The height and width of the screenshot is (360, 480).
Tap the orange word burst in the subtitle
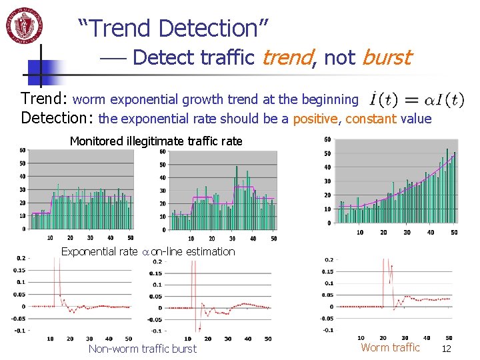386,58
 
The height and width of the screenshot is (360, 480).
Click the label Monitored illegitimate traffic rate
156,141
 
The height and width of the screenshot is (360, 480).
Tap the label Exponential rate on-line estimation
148,251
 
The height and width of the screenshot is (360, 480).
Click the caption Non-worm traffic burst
143,349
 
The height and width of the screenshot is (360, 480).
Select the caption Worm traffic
390,347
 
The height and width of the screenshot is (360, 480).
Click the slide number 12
447,349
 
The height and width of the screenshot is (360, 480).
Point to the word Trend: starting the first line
44,99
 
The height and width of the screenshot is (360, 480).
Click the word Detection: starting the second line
58,119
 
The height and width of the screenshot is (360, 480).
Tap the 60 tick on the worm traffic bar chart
327,139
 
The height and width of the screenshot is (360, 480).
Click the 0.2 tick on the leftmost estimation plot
21,258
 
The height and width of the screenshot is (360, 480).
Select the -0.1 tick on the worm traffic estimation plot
328,330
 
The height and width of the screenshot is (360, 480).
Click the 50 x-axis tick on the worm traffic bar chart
454,233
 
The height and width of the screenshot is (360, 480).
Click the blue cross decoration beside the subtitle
41,65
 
